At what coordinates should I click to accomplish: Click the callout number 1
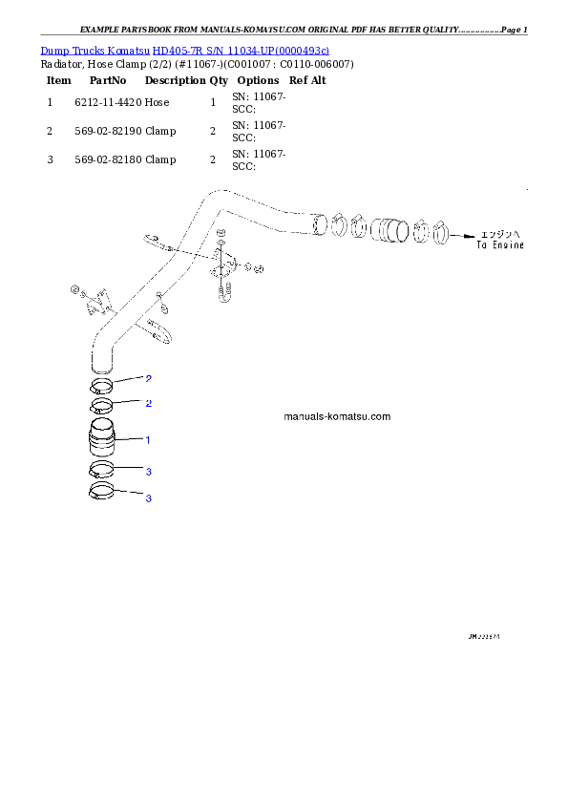tap(148, 440)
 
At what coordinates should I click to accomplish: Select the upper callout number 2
tap(148, 379)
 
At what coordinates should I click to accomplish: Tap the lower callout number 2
tap(148, 404)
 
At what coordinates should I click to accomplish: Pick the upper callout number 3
tap(148, 472)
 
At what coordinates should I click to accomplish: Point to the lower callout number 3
tap(148, 498)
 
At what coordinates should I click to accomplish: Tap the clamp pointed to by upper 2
tap(102, 387)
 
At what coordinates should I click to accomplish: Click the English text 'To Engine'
tap(501, 245)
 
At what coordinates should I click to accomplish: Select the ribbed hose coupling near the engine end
tap(389, 230)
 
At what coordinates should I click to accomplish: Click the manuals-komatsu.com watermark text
tap(337, 417)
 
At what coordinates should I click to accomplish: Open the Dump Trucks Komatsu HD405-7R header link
tap(185, 50)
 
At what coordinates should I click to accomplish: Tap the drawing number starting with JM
tap(485, 635)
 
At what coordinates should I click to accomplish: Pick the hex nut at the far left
tap(73, 287)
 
